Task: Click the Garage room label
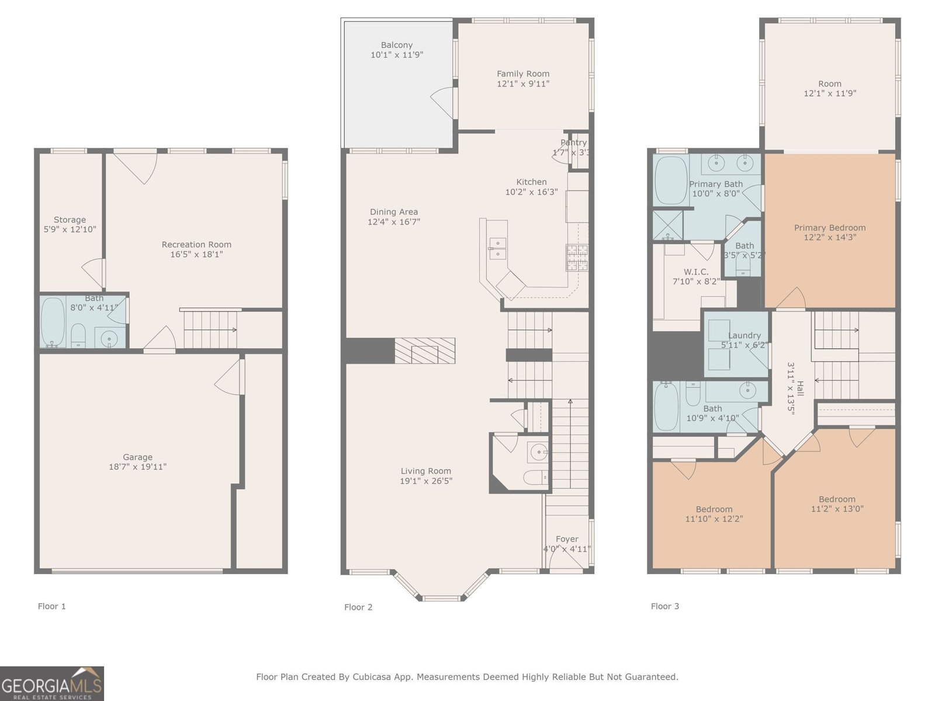pyautogui.click(x=137, y=457)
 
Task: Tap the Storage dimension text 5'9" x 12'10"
pyautogui.click(x=70, y=230)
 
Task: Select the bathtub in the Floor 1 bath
pyautogui.click(x=53, y=322)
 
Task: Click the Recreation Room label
pyautogui.click(x=196, y=244)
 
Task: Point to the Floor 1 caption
pyautogui.click(x=51, y=606)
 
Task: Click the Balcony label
pyautogui.click(x=397, y=45)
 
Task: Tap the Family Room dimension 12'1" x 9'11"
pyautogui.click(x=523, y=84)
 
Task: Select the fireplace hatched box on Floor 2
pyautogui.click(x=425, y=350)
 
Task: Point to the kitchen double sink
pyautogui.click(x=497, y=248)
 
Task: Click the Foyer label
pyautogui.click(x=567, y=539)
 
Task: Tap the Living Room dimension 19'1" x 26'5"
pyautogui.click(x=426, y=481)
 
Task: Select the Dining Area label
pyautogui.click(x=394, y=211)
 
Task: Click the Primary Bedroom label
pyautogui.click(x=829, y=227)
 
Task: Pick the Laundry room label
pyautogui.click(x=744, y=335)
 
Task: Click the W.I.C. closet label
pyautogui.click(x=696, y=272)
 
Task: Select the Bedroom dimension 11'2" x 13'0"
pyautogui.click(x=837, y=509)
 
